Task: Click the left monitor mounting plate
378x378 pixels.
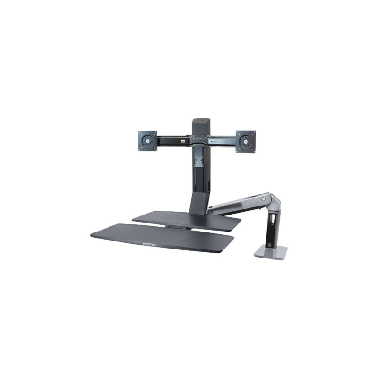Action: (x=148, y=141)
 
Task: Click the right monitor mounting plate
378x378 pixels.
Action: (x=246, y=141)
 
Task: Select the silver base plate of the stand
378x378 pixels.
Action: (x=271, y=252)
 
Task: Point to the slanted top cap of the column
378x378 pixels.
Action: (x=200, y=121)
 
